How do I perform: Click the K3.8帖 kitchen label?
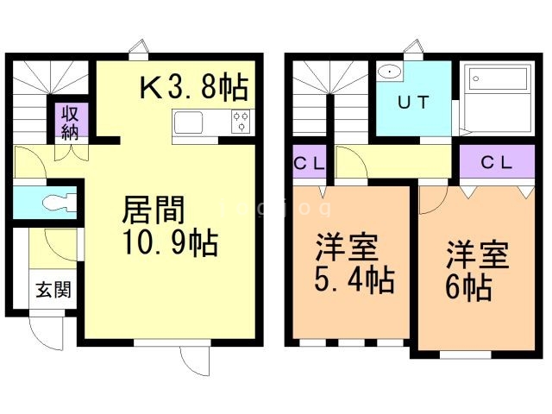point(193,87)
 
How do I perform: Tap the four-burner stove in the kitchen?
point(240,123)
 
